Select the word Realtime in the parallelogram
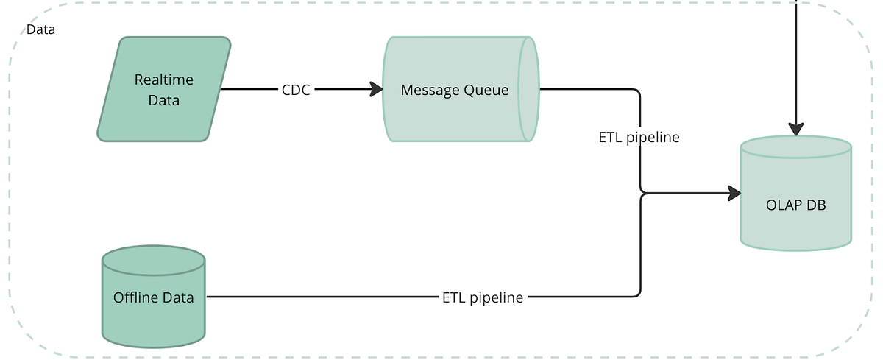point(158,80)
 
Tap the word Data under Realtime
point(163,100)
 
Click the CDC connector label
point(296,90)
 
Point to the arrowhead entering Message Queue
point(376,90)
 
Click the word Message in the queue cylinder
point(428,90)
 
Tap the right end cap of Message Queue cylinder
point(528,89)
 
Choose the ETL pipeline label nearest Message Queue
point(639,137)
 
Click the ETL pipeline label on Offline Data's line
point(483,297)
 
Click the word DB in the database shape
point(816,205)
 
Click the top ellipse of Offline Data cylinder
point(153,259)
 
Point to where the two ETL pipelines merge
point(642,194)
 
